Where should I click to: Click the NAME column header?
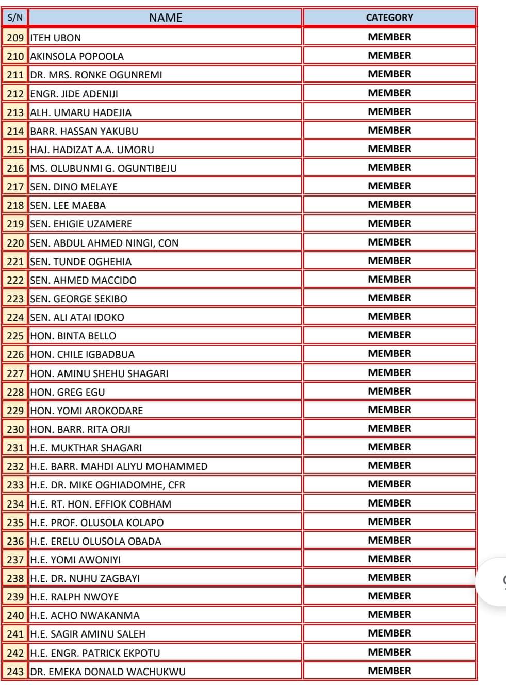tap(165, 18)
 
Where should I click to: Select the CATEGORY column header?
tap(389, 18)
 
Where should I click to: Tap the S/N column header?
tap(15, 18)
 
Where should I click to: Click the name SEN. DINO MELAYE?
tap(74, 187)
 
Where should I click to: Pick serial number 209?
tap(15, 38)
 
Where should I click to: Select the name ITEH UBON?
tap(56, 38)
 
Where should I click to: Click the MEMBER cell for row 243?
tap(389, 671)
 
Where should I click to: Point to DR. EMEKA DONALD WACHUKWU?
tap(108, 672)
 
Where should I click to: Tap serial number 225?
tap(15, 336)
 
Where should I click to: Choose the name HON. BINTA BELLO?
tap(73, 336)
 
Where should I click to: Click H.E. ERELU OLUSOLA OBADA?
tap(95, 541)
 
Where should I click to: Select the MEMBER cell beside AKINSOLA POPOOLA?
tap(389, 55)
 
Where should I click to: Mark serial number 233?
tap(15, 485)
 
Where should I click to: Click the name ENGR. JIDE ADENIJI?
tap(74, 94)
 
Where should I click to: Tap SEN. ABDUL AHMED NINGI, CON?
tap(104, 243)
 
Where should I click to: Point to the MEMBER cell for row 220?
tap(389, 242)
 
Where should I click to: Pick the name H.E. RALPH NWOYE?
tap(74, 597)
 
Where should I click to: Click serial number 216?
tap(15, 168)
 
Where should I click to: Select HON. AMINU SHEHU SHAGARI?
tap(99, 373)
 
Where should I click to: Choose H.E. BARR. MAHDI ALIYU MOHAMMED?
tap(119, 466)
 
